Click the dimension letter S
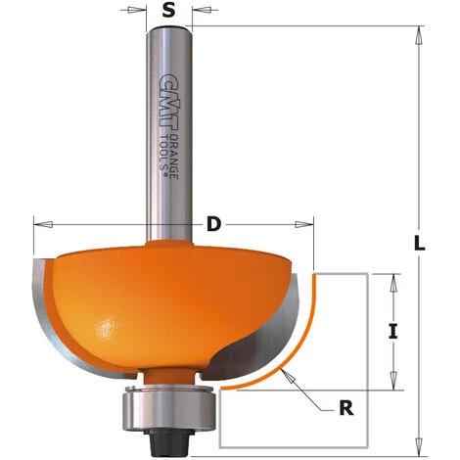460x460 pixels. pyautogui.click(x=168, y=12)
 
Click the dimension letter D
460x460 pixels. pyautogui.click(x=214, y=224)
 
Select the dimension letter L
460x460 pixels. pyautogui.click(x=420, y=244)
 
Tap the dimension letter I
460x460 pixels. pyautogui.click(x=393, y=332)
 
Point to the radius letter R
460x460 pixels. pyautogui.click(x=346, y=408)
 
